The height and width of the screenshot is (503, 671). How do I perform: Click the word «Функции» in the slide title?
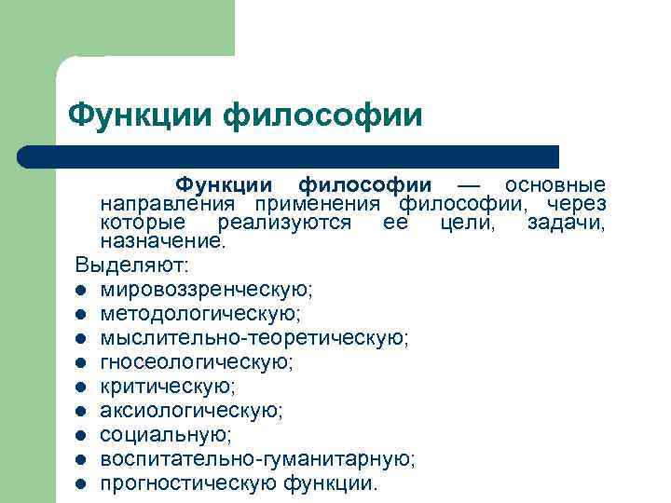[x=142, y=116]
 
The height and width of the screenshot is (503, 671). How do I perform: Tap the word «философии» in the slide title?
[x=324, y=116]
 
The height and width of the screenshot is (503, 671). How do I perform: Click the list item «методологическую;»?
[x=200, y=313]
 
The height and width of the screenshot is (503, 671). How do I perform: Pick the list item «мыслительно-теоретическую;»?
[x=254, y=337]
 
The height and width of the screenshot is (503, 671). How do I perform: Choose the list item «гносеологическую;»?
[x=197, y=361]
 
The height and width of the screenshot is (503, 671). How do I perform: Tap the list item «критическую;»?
[x=168, y=386]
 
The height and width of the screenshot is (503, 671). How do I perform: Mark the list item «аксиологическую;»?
[x=192, y=410]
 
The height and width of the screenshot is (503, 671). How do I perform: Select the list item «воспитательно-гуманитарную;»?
[x=258, y=459]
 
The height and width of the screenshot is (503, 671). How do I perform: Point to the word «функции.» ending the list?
[x=331, y=483]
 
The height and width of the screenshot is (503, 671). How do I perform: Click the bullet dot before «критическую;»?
[x=82, y=387]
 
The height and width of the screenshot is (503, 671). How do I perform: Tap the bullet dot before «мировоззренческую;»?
[x=82, y=290]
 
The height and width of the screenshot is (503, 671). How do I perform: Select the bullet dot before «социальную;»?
[x=82, y=435]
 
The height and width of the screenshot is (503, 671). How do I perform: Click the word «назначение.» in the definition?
[x=163, y=241]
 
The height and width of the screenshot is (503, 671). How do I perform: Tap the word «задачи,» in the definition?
[x=566, y=223]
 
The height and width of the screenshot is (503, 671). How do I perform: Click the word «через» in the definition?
[x=576, y=204]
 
